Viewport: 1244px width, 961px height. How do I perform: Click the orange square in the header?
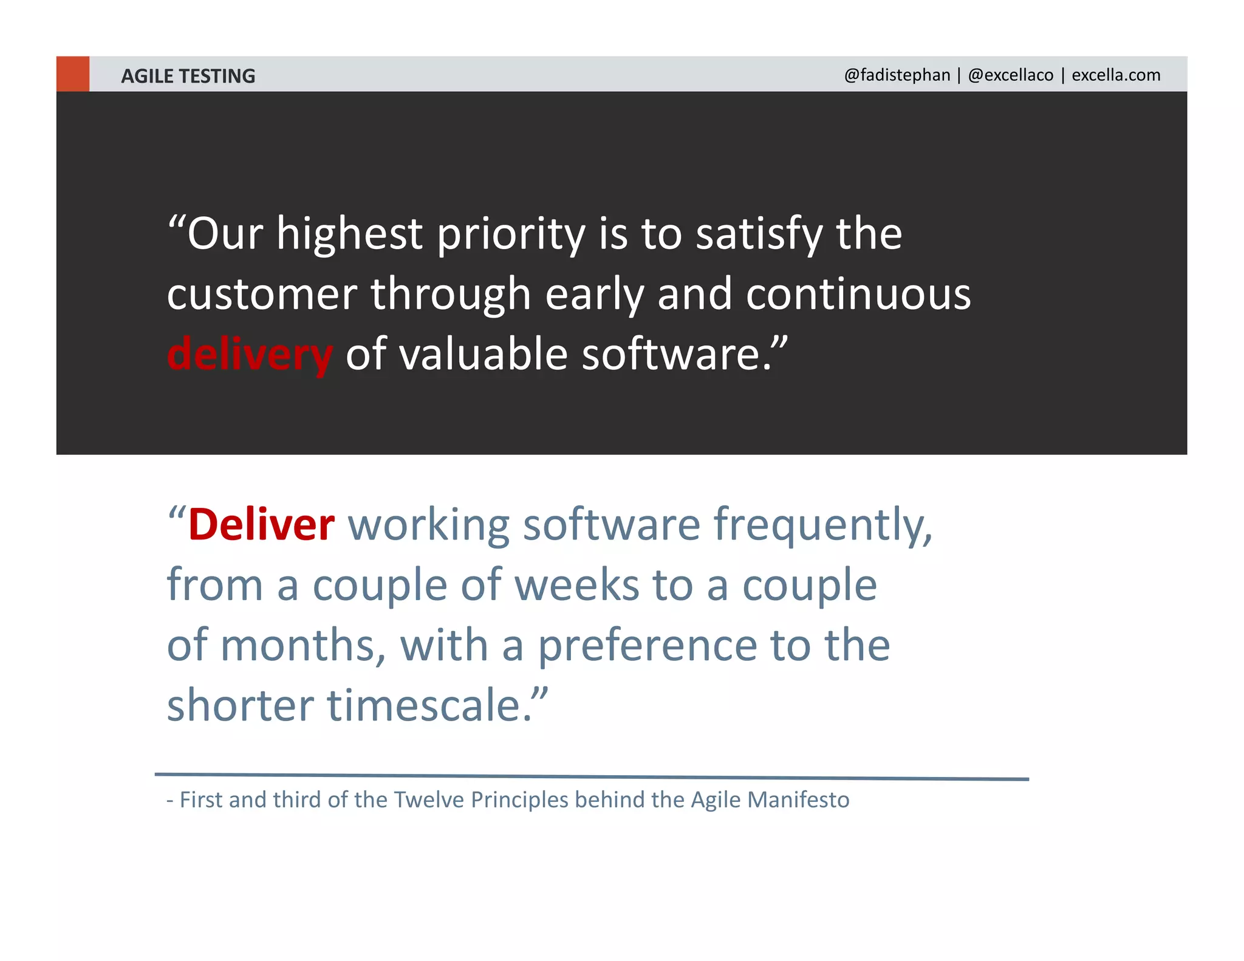point(73,74)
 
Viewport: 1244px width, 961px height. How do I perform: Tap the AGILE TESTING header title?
point(188,76)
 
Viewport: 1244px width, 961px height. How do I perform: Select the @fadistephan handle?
point(897,75)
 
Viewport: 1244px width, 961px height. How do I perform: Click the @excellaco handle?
point(1011,75)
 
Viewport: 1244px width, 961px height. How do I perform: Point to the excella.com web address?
point(1116,75)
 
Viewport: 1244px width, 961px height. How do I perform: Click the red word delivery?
point(250,354)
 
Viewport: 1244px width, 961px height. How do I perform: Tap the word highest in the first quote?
point(349,234)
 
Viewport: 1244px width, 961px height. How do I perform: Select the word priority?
point(511,234)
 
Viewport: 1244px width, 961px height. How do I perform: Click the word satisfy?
point(759,234)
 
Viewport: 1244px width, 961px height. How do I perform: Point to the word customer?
point(262,294)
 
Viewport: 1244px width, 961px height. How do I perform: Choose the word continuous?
point(858,294)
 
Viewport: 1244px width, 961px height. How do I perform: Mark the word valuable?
point(484,354)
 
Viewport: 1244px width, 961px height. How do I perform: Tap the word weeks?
point(576,585)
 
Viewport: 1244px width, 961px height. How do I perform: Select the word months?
point(303,645)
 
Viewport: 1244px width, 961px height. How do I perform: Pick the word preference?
point(648,645)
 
